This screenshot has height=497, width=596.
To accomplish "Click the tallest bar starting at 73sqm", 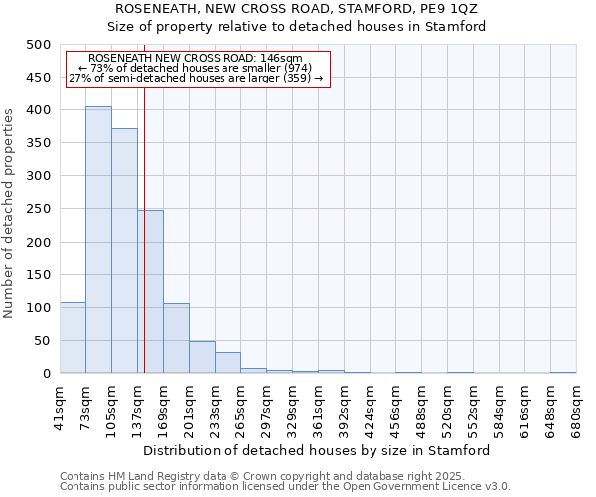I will pos(98,240).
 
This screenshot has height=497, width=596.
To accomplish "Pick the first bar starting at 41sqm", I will pos(73,338).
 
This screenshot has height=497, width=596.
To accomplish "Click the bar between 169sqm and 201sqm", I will pos(176,338).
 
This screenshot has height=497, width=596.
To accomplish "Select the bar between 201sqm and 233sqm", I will pos(202,357).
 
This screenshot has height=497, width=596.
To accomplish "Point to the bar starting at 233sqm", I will pos(227,363).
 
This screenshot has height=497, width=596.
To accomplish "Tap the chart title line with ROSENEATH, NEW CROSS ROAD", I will pos(297,9).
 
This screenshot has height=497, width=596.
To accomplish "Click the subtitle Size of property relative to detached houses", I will pos(297,27).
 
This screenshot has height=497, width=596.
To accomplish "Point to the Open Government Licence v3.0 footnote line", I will pos(285,487).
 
